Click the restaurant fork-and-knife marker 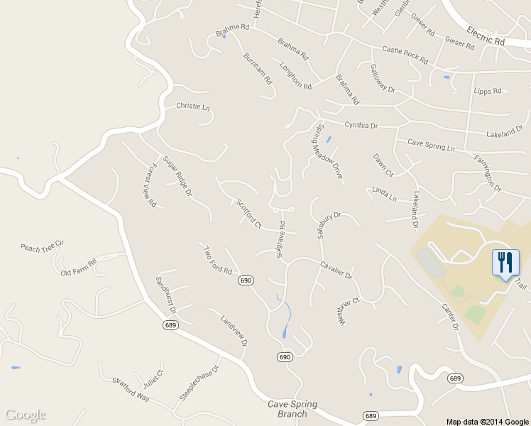tap(505, 262)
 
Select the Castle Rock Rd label tap(405, 55)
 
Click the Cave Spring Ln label tap(430, 146)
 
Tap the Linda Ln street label tap(384, 194)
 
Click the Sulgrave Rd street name tap(281, 239)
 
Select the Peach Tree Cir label tap(42, 246)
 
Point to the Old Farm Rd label tap(78, 268)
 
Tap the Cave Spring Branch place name tap(292, 409)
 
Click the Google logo tap(26, 415)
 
